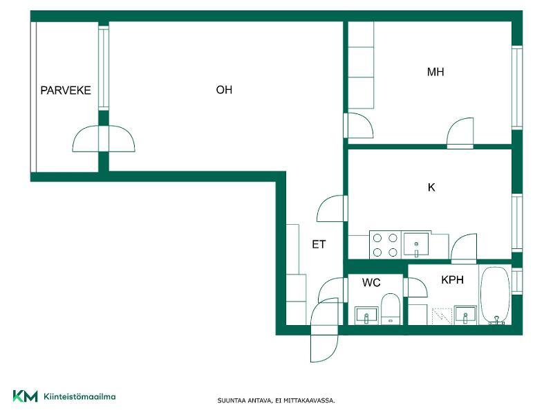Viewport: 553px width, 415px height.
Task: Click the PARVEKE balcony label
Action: [66, 91]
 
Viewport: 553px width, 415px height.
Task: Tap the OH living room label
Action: [224, 90]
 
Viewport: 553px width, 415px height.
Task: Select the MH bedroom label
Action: [435, 72]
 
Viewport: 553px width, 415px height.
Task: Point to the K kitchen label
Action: [431, 187]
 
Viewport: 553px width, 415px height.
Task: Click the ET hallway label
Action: [319, 244]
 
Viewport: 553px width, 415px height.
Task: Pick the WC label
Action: [371, 282]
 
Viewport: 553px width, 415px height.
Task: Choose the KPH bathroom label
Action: [452, 280]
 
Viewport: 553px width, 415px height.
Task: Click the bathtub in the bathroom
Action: [496, 295]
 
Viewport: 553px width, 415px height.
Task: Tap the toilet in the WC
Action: [390, 308]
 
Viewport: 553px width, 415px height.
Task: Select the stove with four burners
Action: [385, 245]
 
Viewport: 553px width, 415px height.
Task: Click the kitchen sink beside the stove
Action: [416, 244]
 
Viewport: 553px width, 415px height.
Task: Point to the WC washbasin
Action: [366, 315]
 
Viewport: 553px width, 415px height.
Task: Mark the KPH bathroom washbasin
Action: [465, 315]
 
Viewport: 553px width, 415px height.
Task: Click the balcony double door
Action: [104, 138]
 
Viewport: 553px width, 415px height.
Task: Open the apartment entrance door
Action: [324, 330]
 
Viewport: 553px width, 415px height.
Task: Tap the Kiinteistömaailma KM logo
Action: [25, 396]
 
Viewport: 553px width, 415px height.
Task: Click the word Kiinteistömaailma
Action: [79, 396]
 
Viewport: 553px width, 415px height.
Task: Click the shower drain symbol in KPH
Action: [442, 316]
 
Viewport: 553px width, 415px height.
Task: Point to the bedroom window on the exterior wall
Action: [517, 88]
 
